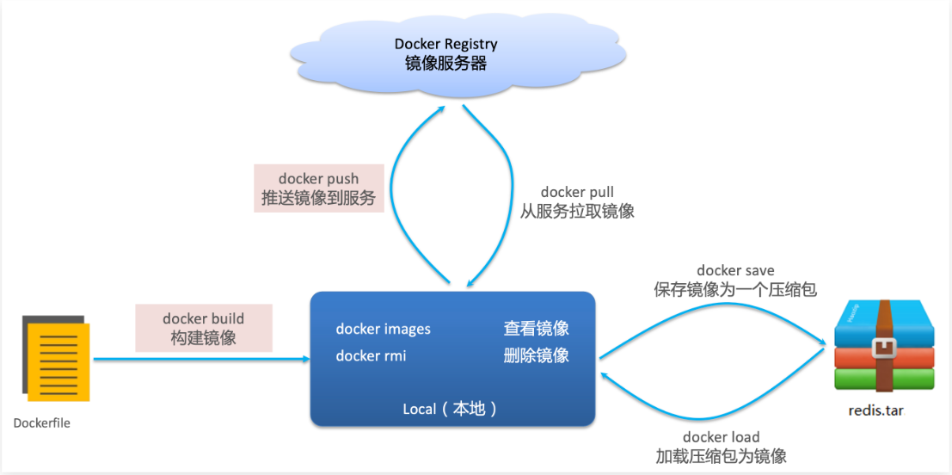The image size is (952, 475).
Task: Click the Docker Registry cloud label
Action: (445, 44)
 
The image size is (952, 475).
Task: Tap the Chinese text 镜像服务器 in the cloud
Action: (445, 63)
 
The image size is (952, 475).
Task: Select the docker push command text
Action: (319, 179)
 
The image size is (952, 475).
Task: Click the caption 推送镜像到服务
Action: (319, 199)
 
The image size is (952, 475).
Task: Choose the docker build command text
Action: (204, 318)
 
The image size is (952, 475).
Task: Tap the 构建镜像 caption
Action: (204, 338)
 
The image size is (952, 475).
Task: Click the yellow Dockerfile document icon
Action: (58, 358)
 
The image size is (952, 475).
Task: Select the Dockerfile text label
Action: (42, 423)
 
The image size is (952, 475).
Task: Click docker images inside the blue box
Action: (384, 329)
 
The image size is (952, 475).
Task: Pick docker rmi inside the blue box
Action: (372, 355)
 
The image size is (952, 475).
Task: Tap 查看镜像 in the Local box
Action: (537, 329)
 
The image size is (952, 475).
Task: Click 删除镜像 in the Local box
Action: (537, 355)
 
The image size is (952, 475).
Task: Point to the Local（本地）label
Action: (450, 409)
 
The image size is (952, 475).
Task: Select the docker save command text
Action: (735, 270)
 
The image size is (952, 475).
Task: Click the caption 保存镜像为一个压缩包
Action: (735, 290)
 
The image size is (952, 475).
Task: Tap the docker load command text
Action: (722, 436)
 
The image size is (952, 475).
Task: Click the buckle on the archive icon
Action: (883, 349)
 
